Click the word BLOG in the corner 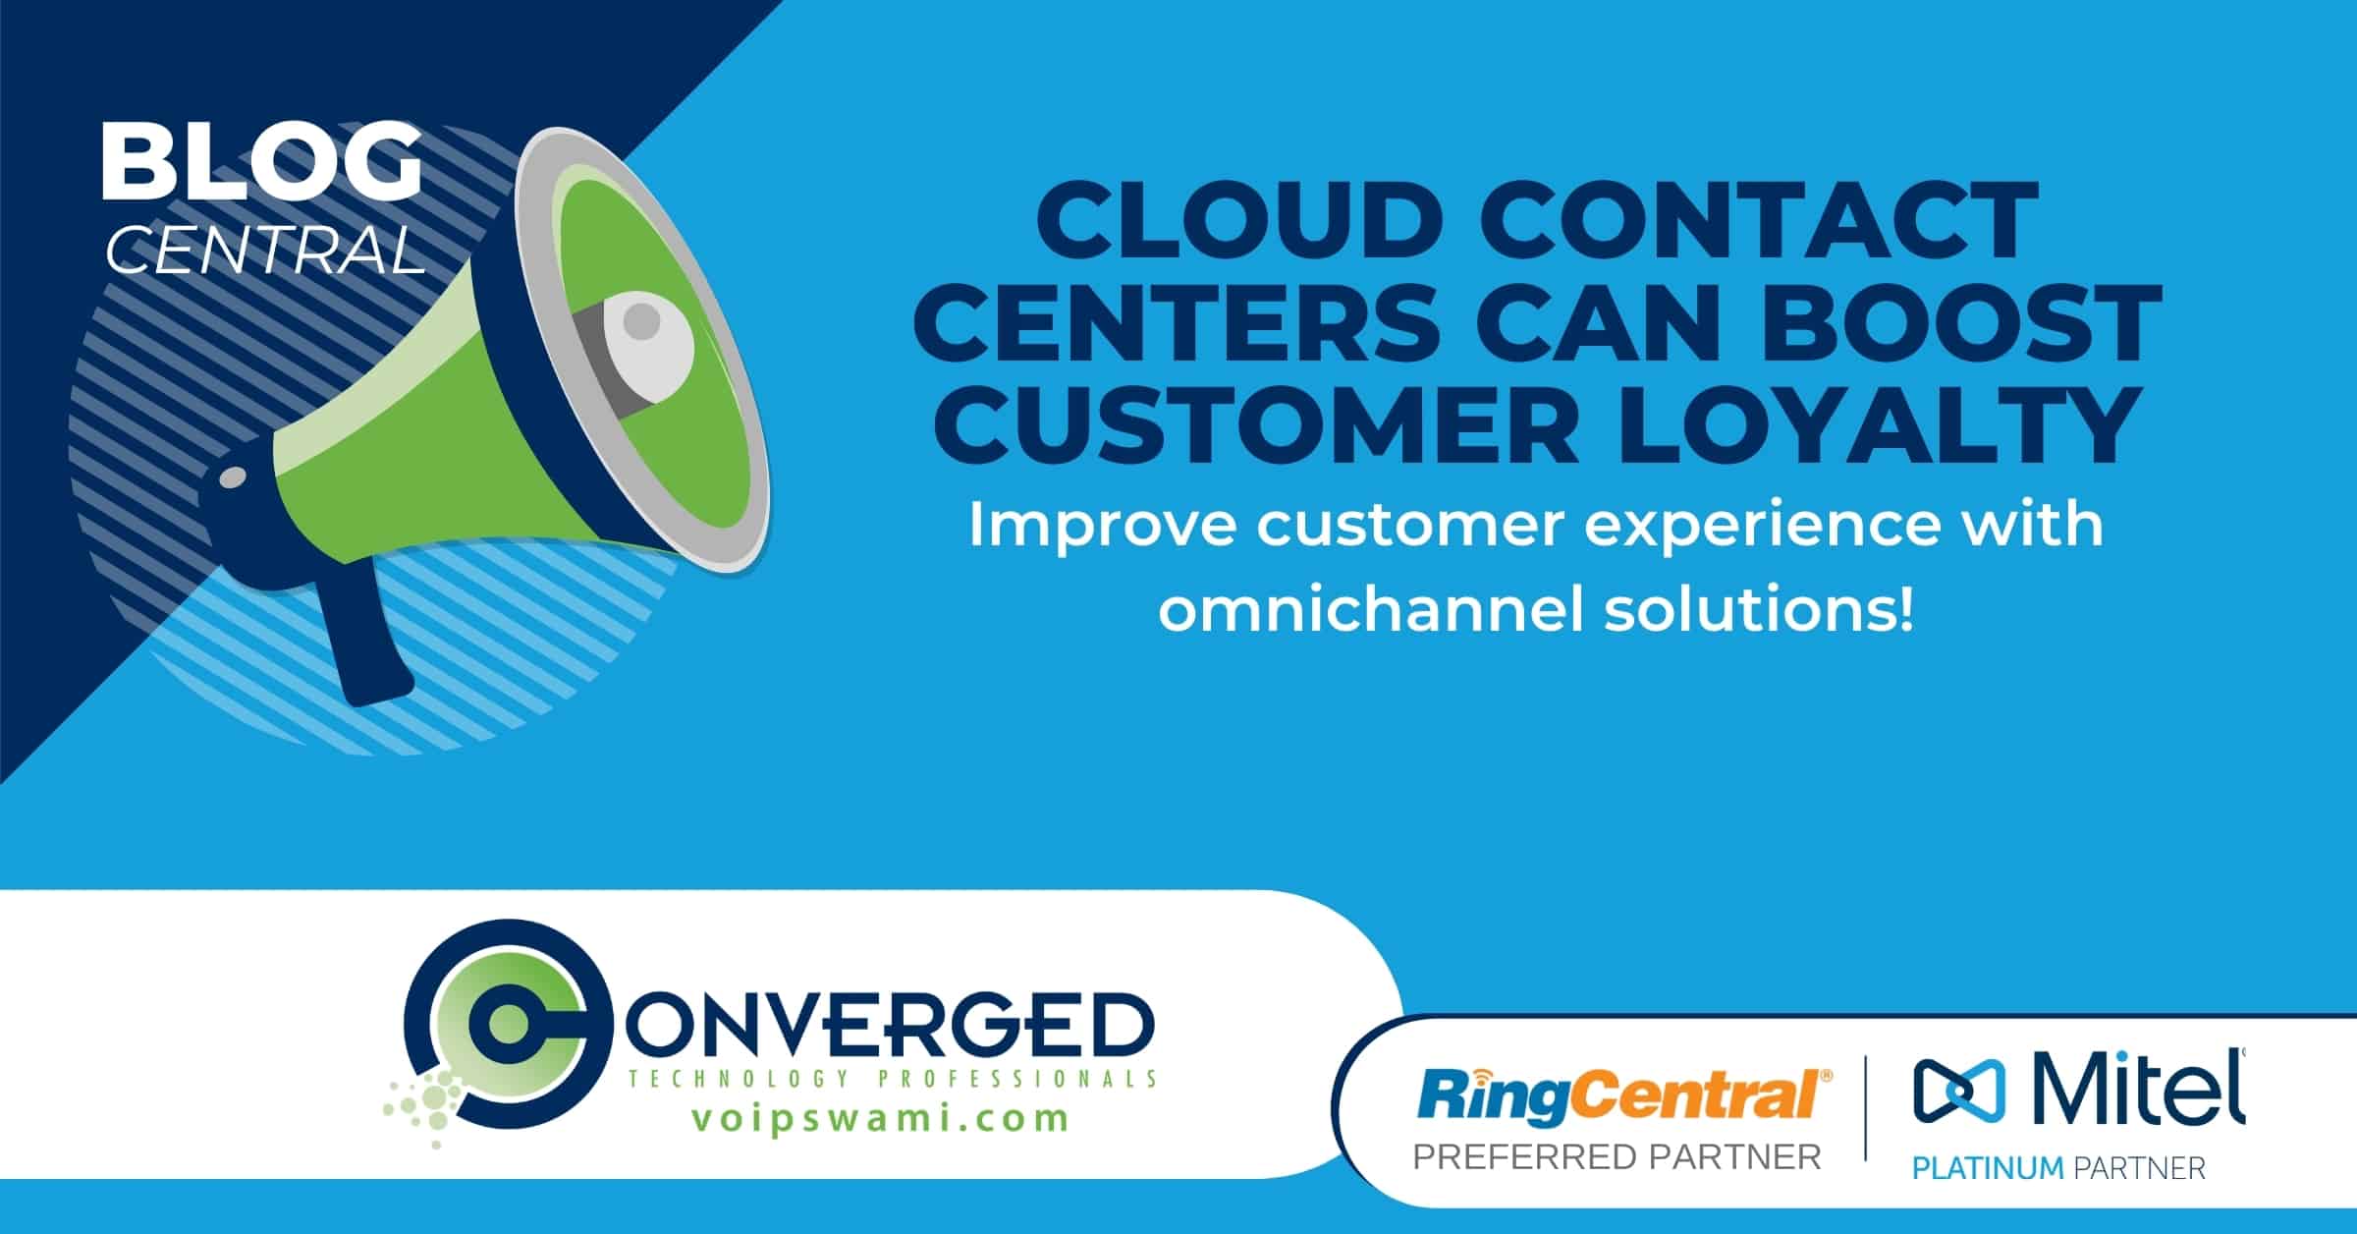[x=262, y=163]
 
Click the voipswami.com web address [x=880, y=1118]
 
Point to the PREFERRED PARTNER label [x=1617, y=1157]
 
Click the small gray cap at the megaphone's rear [x=232, y=477]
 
